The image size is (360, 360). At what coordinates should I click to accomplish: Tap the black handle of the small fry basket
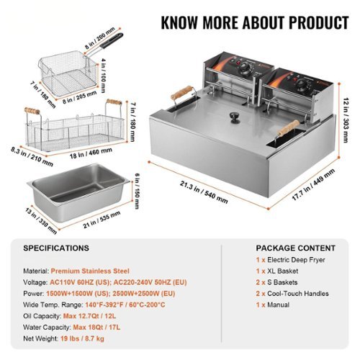pyautogui.click(x=112, y=40)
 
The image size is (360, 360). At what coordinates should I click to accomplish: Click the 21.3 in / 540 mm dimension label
pyautogui.click(x=204, y=192)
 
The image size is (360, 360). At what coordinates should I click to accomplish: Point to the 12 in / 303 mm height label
pyautogui.click(x=346, y=120)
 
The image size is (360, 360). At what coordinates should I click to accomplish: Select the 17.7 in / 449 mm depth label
pyautogui.click(x=313, y=184)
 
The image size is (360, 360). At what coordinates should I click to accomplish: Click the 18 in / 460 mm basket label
pyautogui.click(x=91, y=153)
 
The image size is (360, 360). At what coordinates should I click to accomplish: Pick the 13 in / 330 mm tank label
pyautogui.click(x=41, y=221)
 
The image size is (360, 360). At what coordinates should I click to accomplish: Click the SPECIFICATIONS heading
pyautogui.click(x=56, y=248)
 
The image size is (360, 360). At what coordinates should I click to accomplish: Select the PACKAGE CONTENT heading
pyautogui.click(x=295, y=248)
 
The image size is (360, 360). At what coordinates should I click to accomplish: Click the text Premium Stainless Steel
pyautogui.click(x=90, y=271)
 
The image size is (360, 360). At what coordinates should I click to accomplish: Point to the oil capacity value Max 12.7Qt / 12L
pyautogui.click(x=89, y=316)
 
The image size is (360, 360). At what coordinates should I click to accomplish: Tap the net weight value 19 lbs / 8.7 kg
pyautogui.click(x=82, y=338)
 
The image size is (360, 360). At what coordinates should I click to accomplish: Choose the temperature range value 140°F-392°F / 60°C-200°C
pyautogui.click(x=125, y=305)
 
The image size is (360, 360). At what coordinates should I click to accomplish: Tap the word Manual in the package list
pyautogui.click(x=278, y=305)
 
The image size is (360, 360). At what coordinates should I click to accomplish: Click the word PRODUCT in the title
pyautogui.click(x=319, y=22)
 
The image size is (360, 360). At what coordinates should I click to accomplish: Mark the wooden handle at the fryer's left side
pyautogui.click(x=181, y=92)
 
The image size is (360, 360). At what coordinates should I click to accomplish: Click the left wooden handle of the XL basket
pyautogui.click(x=32, y=111)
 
